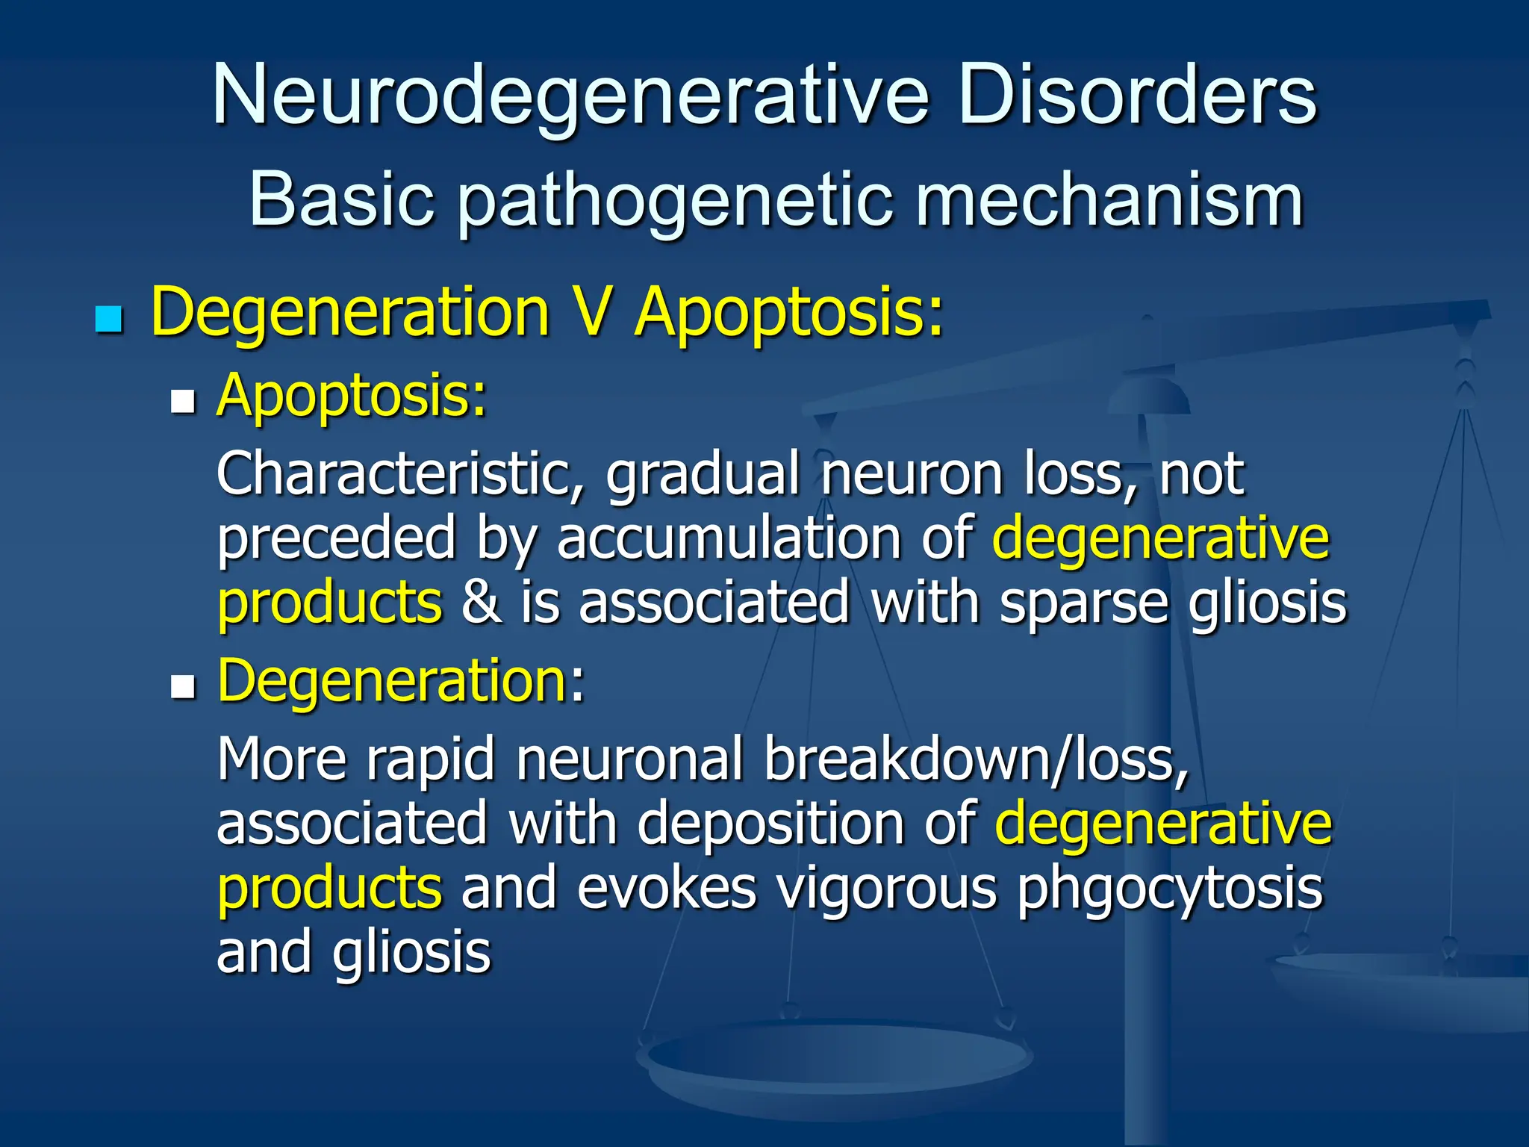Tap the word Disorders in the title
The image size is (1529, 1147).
[x=1138, y=95]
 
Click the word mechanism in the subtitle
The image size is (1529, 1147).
[x=1109, y=200]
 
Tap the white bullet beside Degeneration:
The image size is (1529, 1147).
[x=182, y=686]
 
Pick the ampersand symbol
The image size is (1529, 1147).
[x=482, y=602]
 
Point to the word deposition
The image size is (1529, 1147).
[x=770, y=824]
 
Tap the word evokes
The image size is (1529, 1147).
[x=667, y=889]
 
